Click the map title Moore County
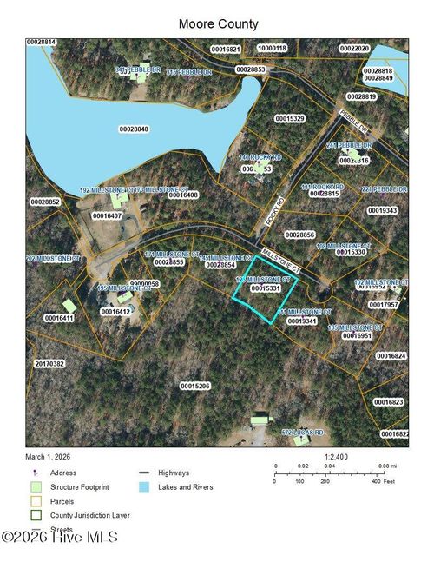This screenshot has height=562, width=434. (x=217, y=23)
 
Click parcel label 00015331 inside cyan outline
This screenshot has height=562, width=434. (x=266, y=288)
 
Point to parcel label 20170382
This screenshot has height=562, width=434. (x=49, y=364)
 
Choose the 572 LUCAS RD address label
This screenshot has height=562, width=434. (x=302, y=432)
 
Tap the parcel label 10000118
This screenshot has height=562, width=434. (x=272, y=49)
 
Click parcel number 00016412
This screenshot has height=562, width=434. (x=116, y=311)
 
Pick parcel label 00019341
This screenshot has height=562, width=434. (x=301, y=321)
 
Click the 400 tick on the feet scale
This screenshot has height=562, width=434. (x=376, y=480)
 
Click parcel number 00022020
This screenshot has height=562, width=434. (x=354, y=49)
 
